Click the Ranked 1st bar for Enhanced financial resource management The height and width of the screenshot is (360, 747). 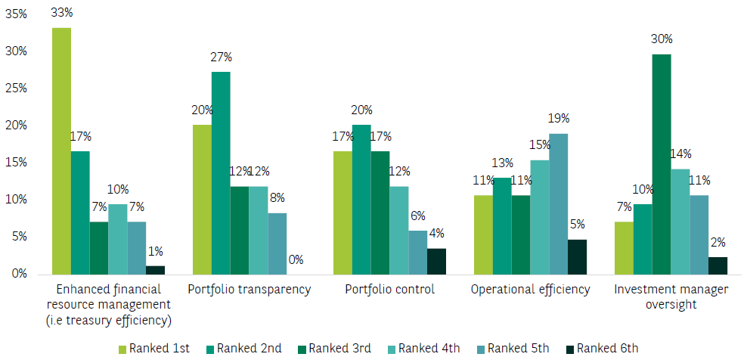[x=61, y=151]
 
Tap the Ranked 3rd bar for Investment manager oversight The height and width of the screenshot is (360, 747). [x=662, y=163]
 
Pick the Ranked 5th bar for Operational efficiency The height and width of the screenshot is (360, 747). [x=559, y=203]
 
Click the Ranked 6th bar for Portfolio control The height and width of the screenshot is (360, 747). [x=436, y=261]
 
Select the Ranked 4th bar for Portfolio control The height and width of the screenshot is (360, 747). [x=399, y=230]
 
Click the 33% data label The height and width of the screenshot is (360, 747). [x=61, y=13]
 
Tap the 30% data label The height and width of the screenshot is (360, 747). [x=662, y=39]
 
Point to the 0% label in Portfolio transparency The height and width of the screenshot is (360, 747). [x=296, y=259]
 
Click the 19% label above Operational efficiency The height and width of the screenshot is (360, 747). [x=559, y=119]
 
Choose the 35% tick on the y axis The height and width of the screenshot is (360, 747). [x=16, y=14]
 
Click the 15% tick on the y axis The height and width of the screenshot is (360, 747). [x=16, y=163]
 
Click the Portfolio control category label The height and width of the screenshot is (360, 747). [x=389, y=290]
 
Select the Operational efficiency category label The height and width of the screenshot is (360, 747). [x=529, y=290]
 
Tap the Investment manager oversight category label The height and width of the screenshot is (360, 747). [x=671, y=296]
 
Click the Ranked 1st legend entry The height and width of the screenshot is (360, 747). [x=155, y=349]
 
